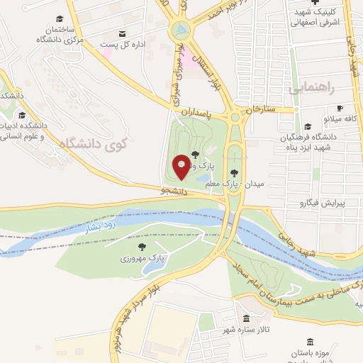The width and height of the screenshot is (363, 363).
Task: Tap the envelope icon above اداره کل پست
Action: pyautogui.click(x=123, y=34)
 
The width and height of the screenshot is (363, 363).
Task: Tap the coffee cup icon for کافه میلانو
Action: pyautogui.click(x=340, y=108)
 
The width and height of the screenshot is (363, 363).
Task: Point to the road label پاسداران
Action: pyautogui.click(x=196, y=113)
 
